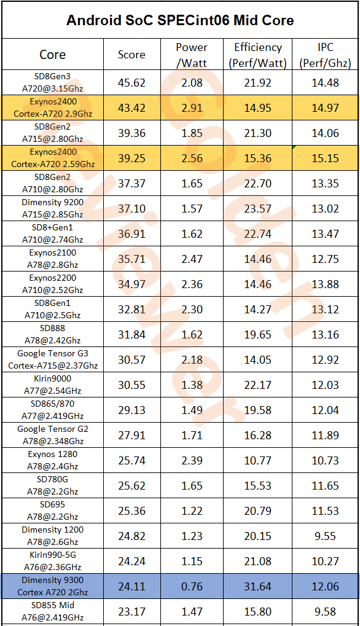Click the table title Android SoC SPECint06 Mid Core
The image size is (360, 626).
pyautogui.click(x=180, y=20)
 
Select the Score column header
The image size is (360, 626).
pyautogui.click(x=131, y=55)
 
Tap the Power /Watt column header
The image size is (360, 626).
pyautogui.click(x=192, y=55)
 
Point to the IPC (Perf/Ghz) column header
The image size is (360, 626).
pyautogui.click(x=325, y=55)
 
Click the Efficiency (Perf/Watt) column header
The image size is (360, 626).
pyautogui.click(x=258, y=55)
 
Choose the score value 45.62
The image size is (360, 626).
pyautogui.click(x=131, y=83)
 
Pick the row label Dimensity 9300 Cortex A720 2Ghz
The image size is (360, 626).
pyautogui.click(x=53, y=586)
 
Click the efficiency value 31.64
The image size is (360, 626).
pyautogui.click(x=258, y=587)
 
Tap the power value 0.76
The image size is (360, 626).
pyautogui.click(x=192, y=587)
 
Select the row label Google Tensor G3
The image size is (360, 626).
pyautogui.click(x=53, y=354)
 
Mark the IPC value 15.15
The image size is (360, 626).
pyautogui.click(x=325, y=158)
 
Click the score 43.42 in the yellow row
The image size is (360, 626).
pyautogui.click(x=131, y=108)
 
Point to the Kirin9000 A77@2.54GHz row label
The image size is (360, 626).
pyautogui.click(x=53, y=385)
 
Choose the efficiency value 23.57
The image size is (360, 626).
pyautogui.click(x=258, y=208)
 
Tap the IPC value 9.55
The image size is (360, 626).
pyautogui.click(x=325, y=536)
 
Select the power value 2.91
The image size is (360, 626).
pyautogui.click(x=192, y=108)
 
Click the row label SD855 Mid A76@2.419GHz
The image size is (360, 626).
pyautogui.click(x=53, y=611)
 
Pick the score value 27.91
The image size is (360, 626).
pyautogui.click(x=131, y=435)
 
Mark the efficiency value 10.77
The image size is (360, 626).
pyautogui.click(x=258, y=460)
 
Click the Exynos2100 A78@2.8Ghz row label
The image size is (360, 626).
pyautogui.click(x=53, y=259)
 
